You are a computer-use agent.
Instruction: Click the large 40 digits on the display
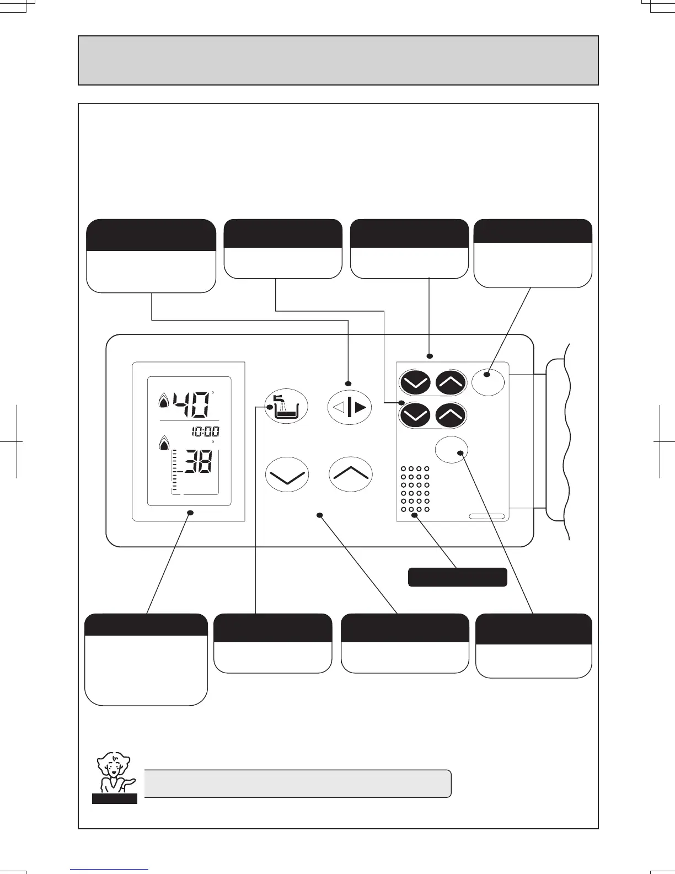tap(191, 404)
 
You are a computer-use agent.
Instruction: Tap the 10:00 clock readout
tap(205, 431)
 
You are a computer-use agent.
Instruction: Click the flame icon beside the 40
tap(164, 401)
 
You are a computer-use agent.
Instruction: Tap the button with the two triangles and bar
tap(350, 408)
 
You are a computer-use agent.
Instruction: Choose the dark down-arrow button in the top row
tap(415, 382)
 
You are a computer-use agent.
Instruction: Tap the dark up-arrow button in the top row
tap(451, 382)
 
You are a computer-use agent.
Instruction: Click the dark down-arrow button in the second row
tap(415, 415)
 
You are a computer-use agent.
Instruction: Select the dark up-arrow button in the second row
tap(451, 415)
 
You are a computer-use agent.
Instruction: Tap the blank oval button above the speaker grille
tap(452, 450)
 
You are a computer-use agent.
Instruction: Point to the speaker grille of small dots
tap(415, 491)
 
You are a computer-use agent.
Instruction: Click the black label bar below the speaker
tap(457, 577)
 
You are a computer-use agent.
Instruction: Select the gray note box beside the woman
tap(298, 784)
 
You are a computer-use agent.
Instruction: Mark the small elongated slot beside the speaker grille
tap(487, 516)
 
